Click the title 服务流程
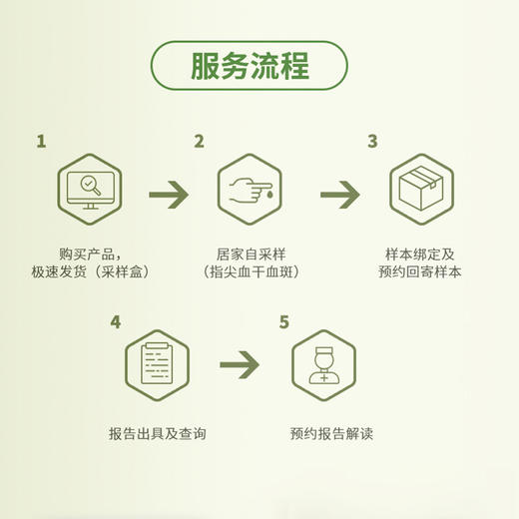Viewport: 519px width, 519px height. pos(250,66)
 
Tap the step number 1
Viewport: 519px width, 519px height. pos(41,142)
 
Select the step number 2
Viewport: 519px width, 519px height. pos(199,142)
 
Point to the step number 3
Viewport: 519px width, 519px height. pos(372,142)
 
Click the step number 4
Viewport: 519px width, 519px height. pos(116,322)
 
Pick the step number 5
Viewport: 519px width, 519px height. pos(284,322)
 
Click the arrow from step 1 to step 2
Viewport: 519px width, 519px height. pos(169,194)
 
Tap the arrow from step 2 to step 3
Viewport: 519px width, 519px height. pos(339,194)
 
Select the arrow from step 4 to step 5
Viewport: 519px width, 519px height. pos(240,364)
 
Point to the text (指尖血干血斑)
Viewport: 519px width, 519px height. pos(251,271)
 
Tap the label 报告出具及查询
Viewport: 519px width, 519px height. pos(157,434)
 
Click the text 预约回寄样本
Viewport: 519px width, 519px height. pos(420,271)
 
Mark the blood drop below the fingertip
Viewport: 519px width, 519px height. pos(268,197)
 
